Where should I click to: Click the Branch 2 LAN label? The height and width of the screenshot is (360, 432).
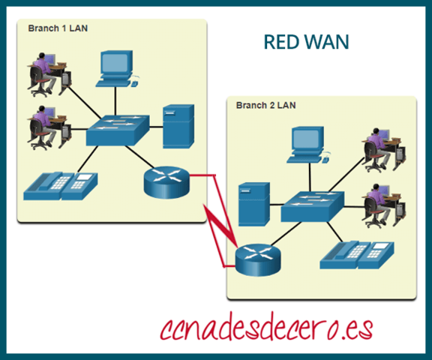(x=266, y=105)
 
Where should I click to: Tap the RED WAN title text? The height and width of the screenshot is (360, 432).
(x=306, y=43)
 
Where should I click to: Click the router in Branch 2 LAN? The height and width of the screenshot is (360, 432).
(x=254, y=259)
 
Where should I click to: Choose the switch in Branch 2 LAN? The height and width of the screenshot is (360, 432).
(x=313, y=205)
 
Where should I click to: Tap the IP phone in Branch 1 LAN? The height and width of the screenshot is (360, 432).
(x=60, y=185)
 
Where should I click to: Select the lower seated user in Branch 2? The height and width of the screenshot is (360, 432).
(x=378, y=204)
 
